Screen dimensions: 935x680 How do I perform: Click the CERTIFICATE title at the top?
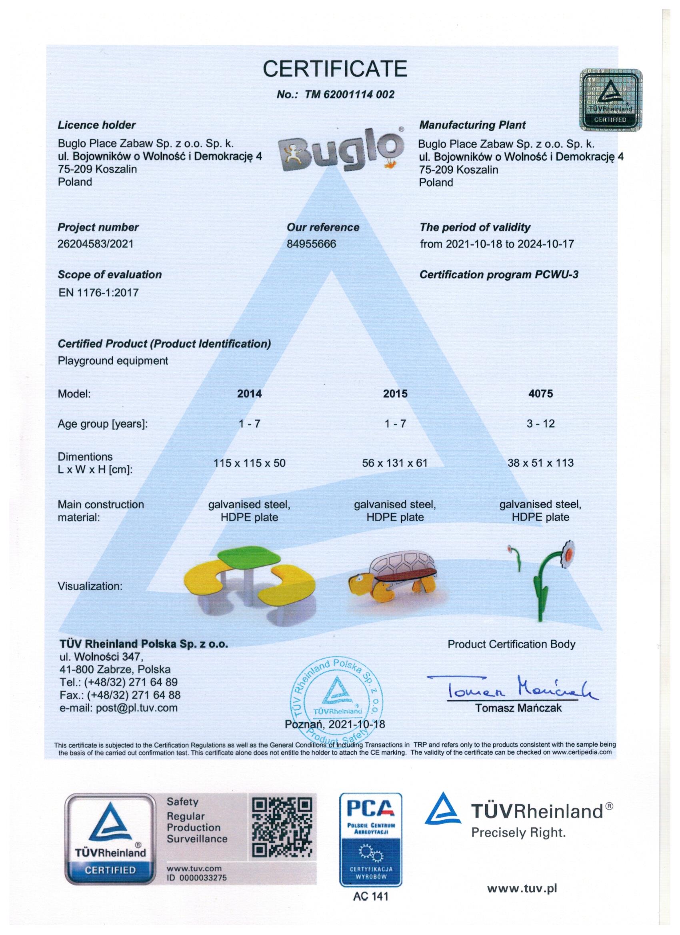pos(335,68)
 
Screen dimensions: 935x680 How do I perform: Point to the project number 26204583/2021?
pos(96,244)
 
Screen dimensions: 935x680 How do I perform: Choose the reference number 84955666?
pos(311,244)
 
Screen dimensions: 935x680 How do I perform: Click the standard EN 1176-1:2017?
pos(98,293)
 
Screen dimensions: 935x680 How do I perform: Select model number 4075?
pos(541,394)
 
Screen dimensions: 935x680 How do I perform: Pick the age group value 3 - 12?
pos(541,424)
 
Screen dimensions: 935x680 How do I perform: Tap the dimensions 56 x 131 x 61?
pos(395,463)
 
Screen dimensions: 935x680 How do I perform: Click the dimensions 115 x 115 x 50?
pos(249,463)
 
